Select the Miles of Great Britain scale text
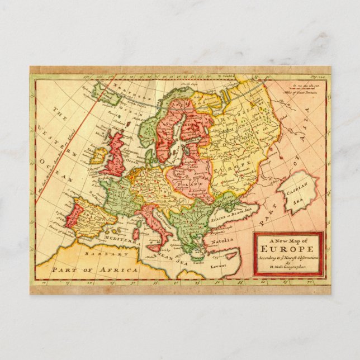[x=301, y=92]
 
